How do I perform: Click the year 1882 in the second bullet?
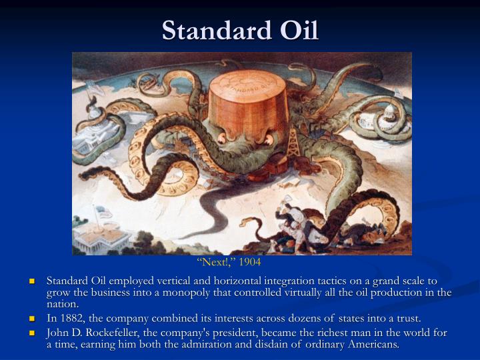[70, 319]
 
